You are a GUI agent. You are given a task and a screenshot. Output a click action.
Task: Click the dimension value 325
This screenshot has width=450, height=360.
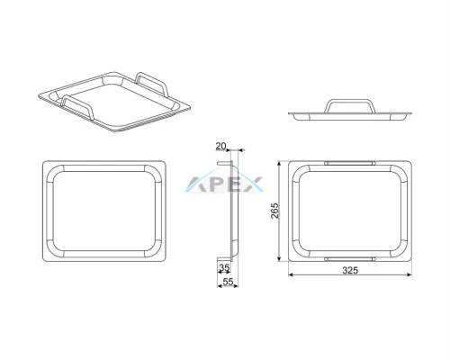(350, 270)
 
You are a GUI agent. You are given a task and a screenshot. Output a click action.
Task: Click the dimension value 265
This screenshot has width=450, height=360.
(274, 211)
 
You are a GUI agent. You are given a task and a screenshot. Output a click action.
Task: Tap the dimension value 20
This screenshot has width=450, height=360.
(220, 146)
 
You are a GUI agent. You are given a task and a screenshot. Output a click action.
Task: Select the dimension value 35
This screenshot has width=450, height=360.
(224, 267)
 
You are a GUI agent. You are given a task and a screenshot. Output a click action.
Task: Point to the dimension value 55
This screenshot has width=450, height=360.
(228, 282)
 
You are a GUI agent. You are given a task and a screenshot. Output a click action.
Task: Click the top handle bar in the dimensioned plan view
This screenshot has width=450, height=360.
(350, 163)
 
